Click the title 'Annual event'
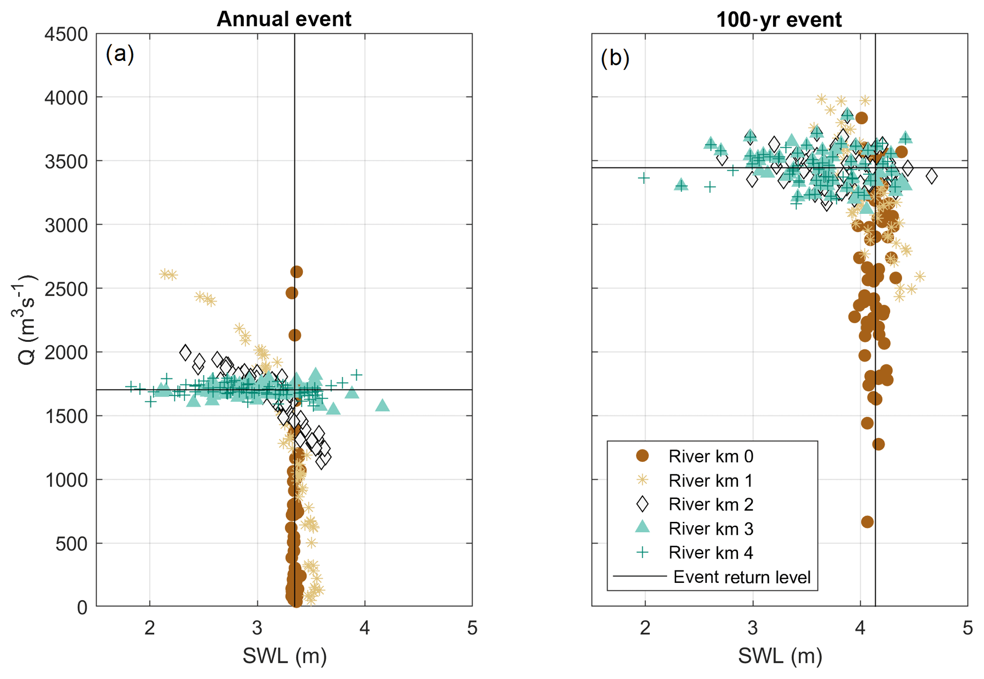click(x=284, y=19)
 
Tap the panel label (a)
click(x=120, y=54)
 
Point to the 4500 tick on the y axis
click(x=66, y=34)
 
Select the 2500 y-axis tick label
click(x=66, y=289)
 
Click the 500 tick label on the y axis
click(x=71, y=544)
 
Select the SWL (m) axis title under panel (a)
click(x=285, y=656)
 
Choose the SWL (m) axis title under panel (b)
click(x=780, y=656)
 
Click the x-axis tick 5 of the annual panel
click(x=472, y=629)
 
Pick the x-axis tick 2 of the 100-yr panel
click(x=645, y=629)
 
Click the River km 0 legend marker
click(x=643, y=456)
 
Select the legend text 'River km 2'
click(x=711, y=504)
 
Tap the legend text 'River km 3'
click(x=711, y=529)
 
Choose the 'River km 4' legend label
click(x=711, y=553)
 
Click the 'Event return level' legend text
click(x=742, y=577)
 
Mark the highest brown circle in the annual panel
click(x=297, y=272)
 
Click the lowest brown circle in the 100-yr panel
click(x=867, y=522)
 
